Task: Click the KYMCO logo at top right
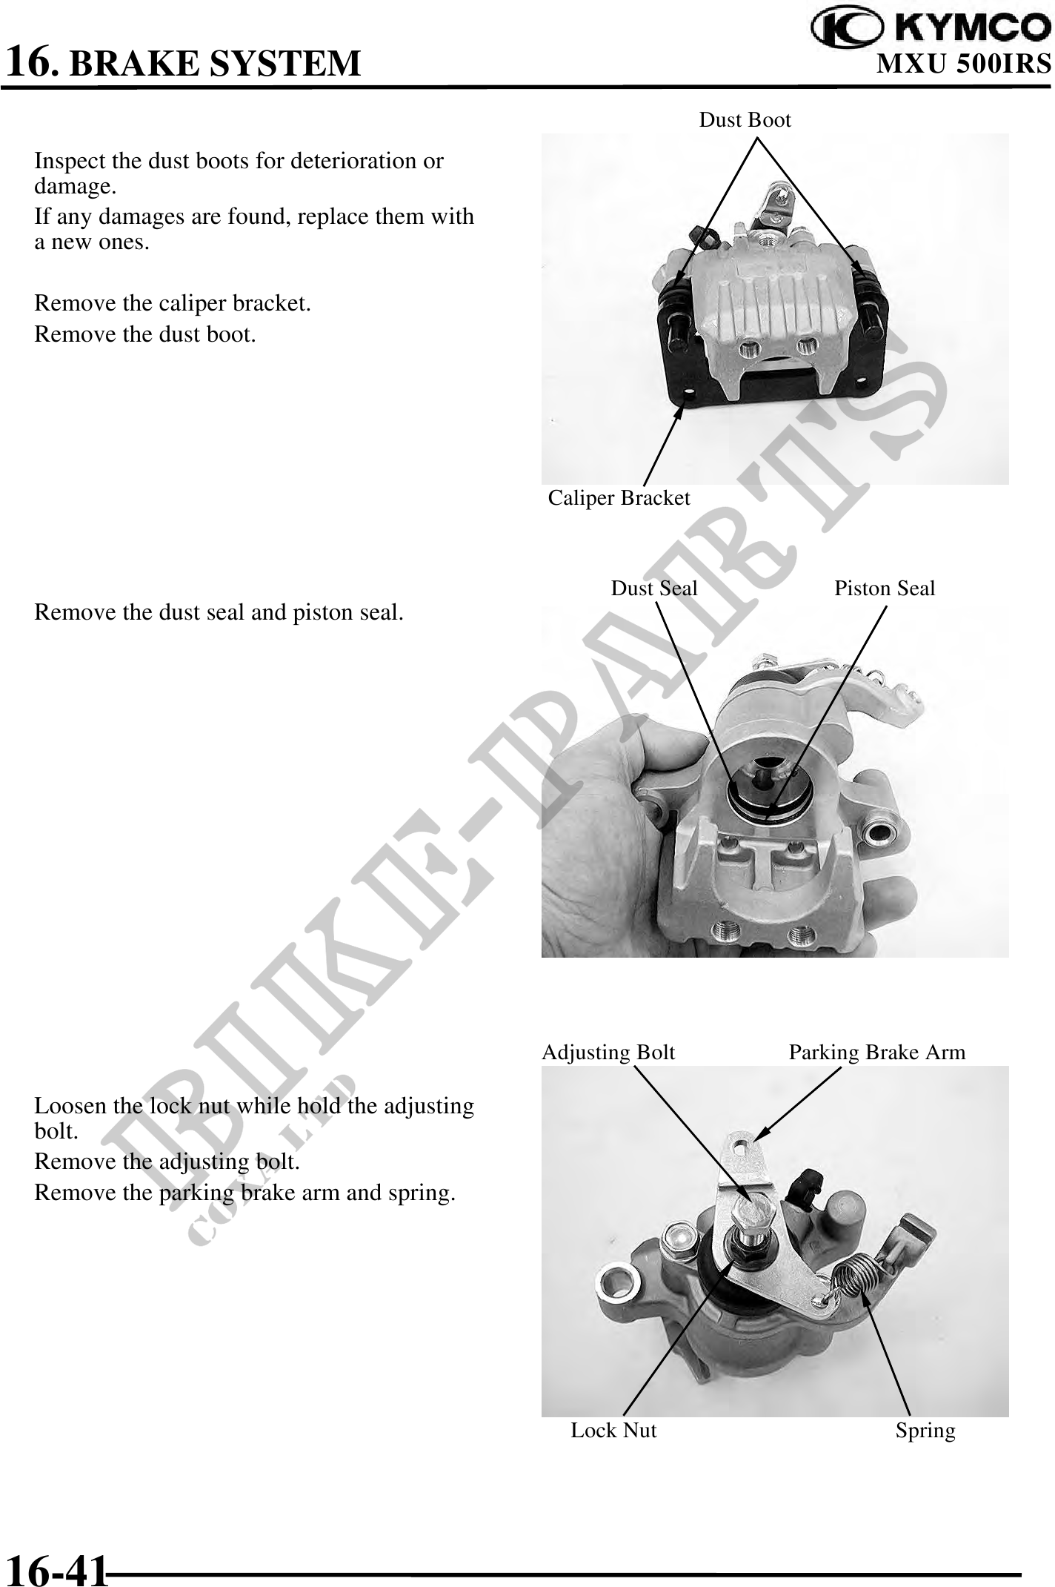[x=931, y=27]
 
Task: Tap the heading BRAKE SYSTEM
[x=215, y=63]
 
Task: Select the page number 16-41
[x=56, y=1568]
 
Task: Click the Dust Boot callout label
[x=745, y=120]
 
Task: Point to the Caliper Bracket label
[x=619, y=498]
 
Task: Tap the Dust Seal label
[x=654, y=589]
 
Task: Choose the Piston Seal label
[x=885, y=589]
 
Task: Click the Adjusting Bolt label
[x=608, y=1053]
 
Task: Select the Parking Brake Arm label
[x=877, y=1053]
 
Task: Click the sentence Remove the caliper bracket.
[x=173, y=304]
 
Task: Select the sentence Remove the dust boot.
[x=145, y=335]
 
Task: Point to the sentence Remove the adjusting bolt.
[x=167, y=1162]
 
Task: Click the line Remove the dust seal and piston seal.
[x=219, y=613]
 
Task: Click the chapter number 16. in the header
[x=32, y=62]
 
